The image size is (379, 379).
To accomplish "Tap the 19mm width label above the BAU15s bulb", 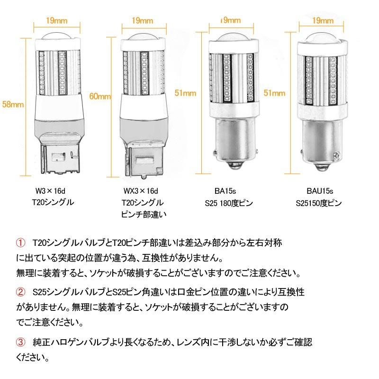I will click(x=323, y=20).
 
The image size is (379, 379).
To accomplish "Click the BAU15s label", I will click(x=319, y=191).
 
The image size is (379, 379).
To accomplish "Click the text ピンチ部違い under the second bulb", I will click(x=142, y=215).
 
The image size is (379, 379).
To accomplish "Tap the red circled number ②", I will click(x=20, y=292).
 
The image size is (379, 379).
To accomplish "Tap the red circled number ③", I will click(x=20, y=342).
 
